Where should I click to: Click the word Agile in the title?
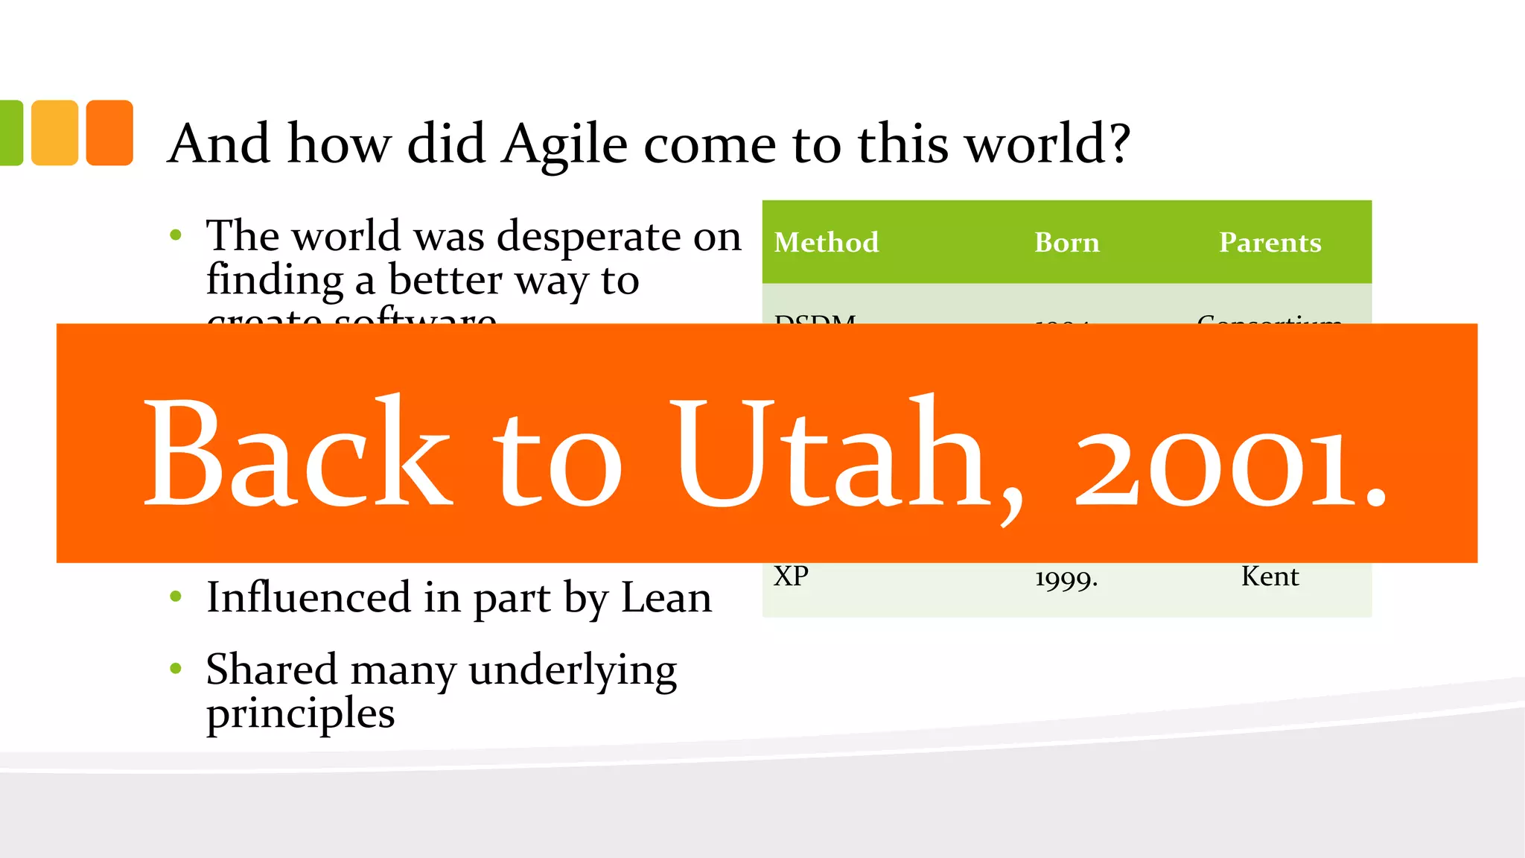coord(565,144)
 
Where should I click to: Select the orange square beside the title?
coord(109,133)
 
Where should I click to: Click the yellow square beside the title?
coord(54,133)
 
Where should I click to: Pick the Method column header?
coord(826,243)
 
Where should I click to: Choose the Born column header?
coord(1066,243)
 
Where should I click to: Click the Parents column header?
coord(1270,243)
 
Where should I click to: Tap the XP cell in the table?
coord(791,576)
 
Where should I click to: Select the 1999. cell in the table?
coord(1066,578)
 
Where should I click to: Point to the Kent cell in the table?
coord(1270,576)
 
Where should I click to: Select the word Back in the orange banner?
coord(298,454)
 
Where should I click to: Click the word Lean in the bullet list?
coord(666,598)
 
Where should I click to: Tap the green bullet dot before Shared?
coord(176,668)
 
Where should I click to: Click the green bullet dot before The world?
coord(176,235)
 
